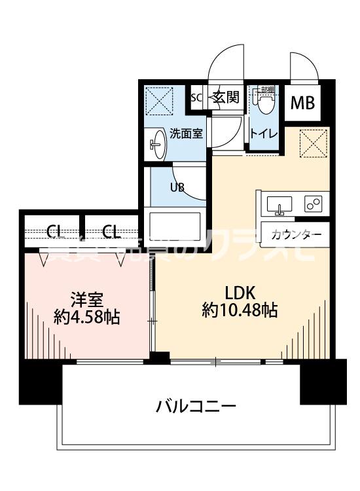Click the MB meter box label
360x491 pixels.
point(302,103)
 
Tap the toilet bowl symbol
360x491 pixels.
point(265,102)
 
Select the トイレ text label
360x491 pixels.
point(263,134)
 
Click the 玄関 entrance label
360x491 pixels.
point(225,98)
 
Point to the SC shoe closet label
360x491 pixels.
point(196,98)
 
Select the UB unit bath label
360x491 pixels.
point(177,187)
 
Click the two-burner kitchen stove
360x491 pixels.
point(312,204)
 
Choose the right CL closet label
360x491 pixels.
point(111,230)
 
